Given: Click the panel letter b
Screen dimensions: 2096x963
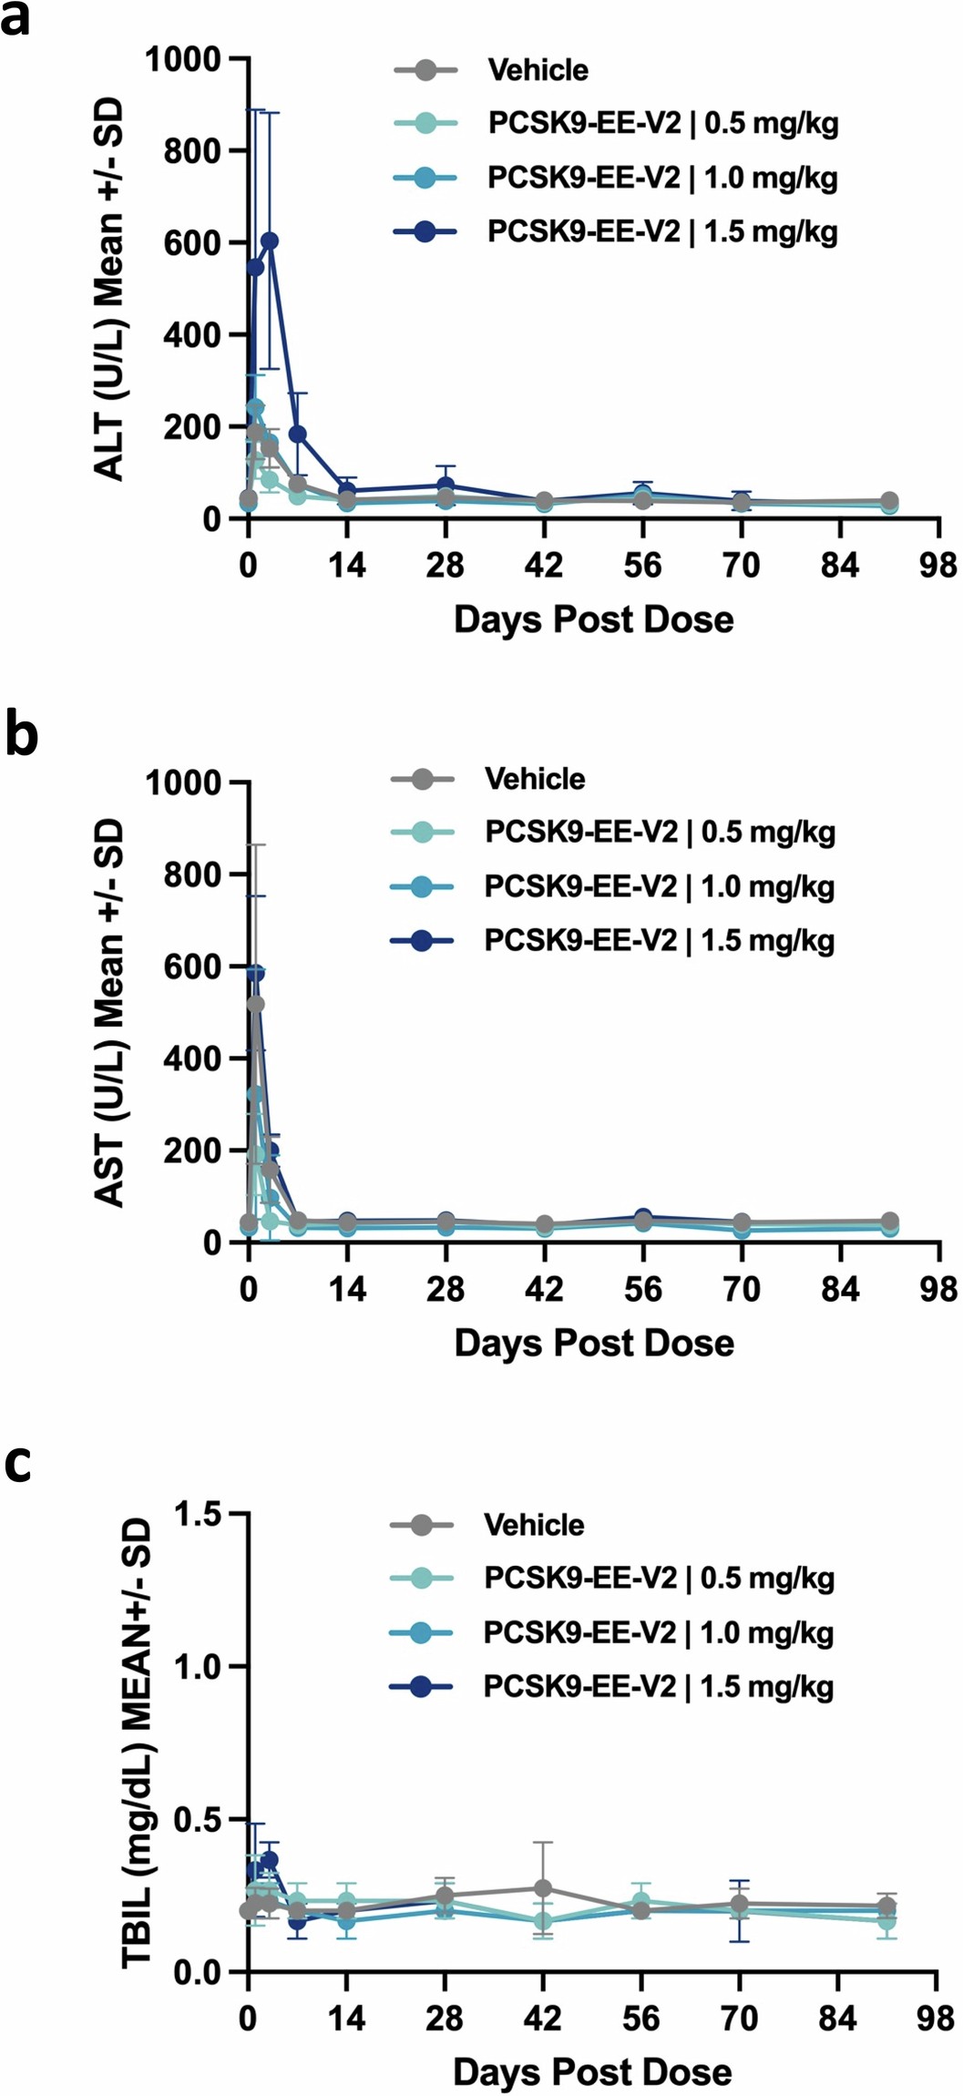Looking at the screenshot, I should [21, 736].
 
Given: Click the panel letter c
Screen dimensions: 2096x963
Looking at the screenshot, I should [18, 1462].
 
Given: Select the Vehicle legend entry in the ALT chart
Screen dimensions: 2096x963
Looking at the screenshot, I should [538, 70].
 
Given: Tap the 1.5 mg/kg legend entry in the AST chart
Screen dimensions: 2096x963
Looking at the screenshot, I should [659, 940].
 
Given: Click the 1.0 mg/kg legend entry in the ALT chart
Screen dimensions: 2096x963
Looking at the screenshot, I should [662, 178].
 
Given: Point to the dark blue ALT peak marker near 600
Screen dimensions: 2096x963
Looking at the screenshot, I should [270, 240].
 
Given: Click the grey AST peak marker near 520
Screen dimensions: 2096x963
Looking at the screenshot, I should [256, 1004].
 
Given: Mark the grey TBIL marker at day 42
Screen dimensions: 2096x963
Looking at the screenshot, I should [543, 1887].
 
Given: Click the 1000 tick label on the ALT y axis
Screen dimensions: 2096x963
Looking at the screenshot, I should [185, 59].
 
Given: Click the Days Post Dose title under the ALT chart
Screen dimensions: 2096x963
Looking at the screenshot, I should [593, 620].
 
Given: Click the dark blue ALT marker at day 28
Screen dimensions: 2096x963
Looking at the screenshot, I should [445, 486].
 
